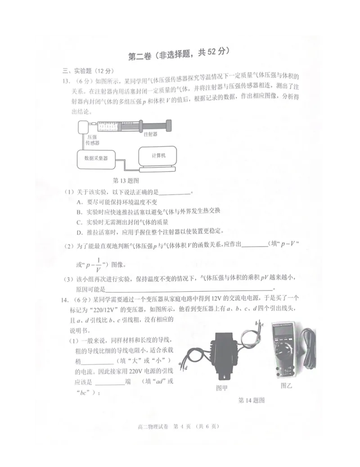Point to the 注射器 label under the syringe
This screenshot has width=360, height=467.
click(150, 134)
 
